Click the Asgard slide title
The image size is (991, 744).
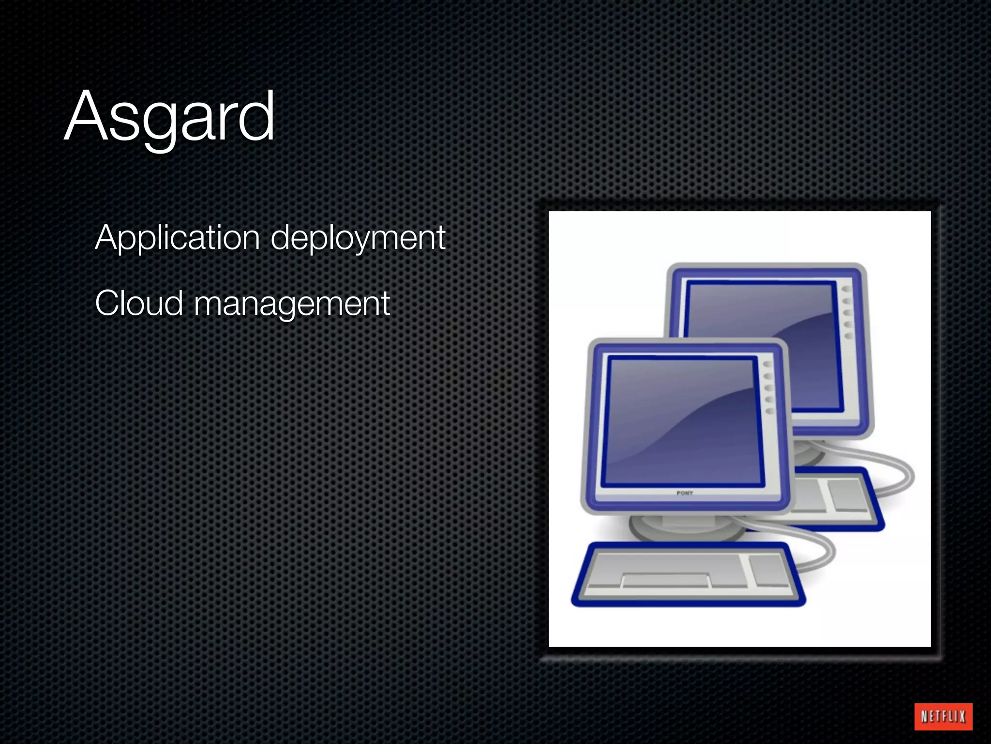coord(169,116)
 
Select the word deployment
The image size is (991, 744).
coord(358,238)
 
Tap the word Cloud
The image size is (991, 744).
coord(139,303)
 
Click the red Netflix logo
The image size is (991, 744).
coord(943,716)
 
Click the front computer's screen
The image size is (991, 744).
coord(682,421)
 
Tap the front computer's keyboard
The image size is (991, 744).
coord(687,574)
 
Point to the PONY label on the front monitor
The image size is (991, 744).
coord(685,493)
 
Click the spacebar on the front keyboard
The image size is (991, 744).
coord(665,579)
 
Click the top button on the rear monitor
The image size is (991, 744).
coord(846,289)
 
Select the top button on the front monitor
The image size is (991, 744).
coord(767,364)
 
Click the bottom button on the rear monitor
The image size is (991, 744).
coord(849,336)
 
